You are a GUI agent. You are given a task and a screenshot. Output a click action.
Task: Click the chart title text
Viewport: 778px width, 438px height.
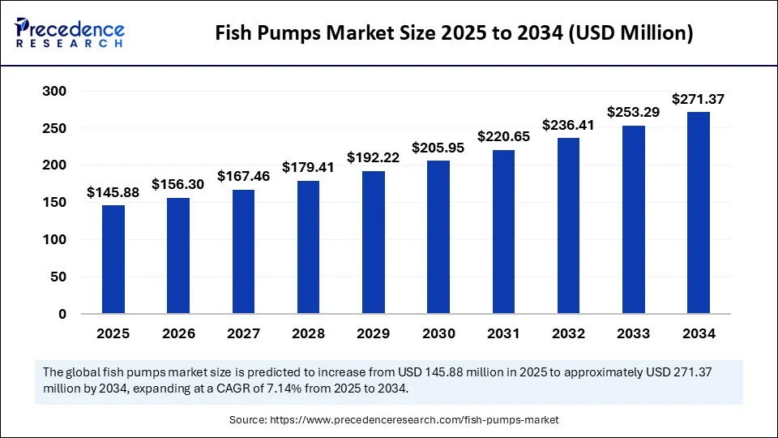(x=454, y=33)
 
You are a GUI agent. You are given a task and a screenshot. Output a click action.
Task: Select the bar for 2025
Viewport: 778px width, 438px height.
(x=113, y=259)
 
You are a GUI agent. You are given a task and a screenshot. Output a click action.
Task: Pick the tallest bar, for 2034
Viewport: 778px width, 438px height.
(x=699, y=212)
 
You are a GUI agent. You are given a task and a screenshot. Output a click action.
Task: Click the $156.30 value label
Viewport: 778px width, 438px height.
(x=178, y=185)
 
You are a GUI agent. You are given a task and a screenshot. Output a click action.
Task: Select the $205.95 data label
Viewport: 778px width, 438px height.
(x=438, y=148)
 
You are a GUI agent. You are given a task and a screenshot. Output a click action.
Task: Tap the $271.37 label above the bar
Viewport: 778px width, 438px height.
(x=699, y=99)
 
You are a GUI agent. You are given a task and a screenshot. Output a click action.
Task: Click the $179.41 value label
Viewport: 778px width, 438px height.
(x=309, y=167)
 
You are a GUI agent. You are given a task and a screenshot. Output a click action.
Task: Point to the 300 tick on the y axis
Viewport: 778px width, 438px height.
(x=55, y=92)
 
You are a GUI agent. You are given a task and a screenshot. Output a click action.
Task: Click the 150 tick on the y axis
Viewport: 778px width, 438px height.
(x=55, y=203)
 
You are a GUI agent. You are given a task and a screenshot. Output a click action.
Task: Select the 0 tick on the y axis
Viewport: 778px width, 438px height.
(x=62, y=314)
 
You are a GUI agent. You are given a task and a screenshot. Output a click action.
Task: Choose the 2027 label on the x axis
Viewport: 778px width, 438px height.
(x=243, y=333)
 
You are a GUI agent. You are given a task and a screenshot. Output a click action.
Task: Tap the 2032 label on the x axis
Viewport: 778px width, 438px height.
(x=568, y=333)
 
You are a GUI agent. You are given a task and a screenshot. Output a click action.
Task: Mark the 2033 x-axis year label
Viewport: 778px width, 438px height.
(x=634, y=333)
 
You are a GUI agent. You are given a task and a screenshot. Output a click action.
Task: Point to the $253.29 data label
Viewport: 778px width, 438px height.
(x=634, y=112)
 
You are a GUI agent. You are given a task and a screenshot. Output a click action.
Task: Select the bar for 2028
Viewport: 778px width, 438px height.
(x=309, y=247)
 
